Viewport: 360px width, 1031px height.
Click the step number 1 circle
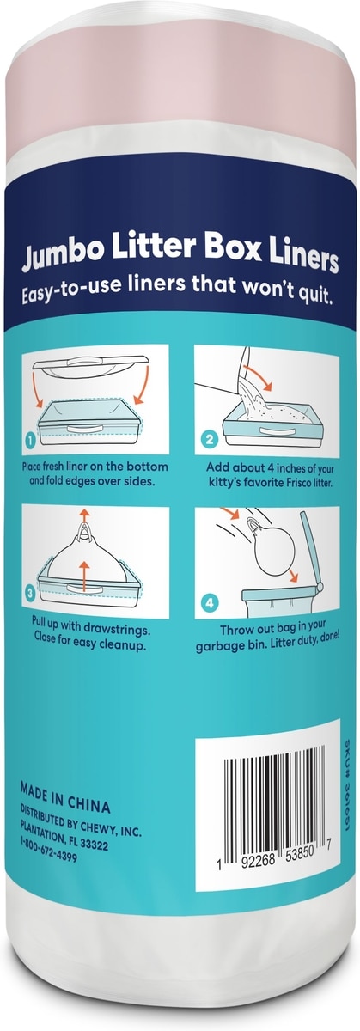[x=30, y=441]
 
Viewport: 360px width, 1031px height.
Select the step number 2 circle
[x=210, y=439]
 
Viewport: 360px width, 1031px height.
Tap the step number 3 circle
[x=30, y=594]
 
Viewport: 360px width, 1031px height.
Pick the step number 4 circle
[x=210, y=602]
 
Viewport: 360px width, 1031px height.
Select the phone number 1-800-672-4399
[x=48, y=848]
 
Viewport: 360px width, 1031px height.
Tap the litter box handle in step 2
[x=276, y=430]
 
